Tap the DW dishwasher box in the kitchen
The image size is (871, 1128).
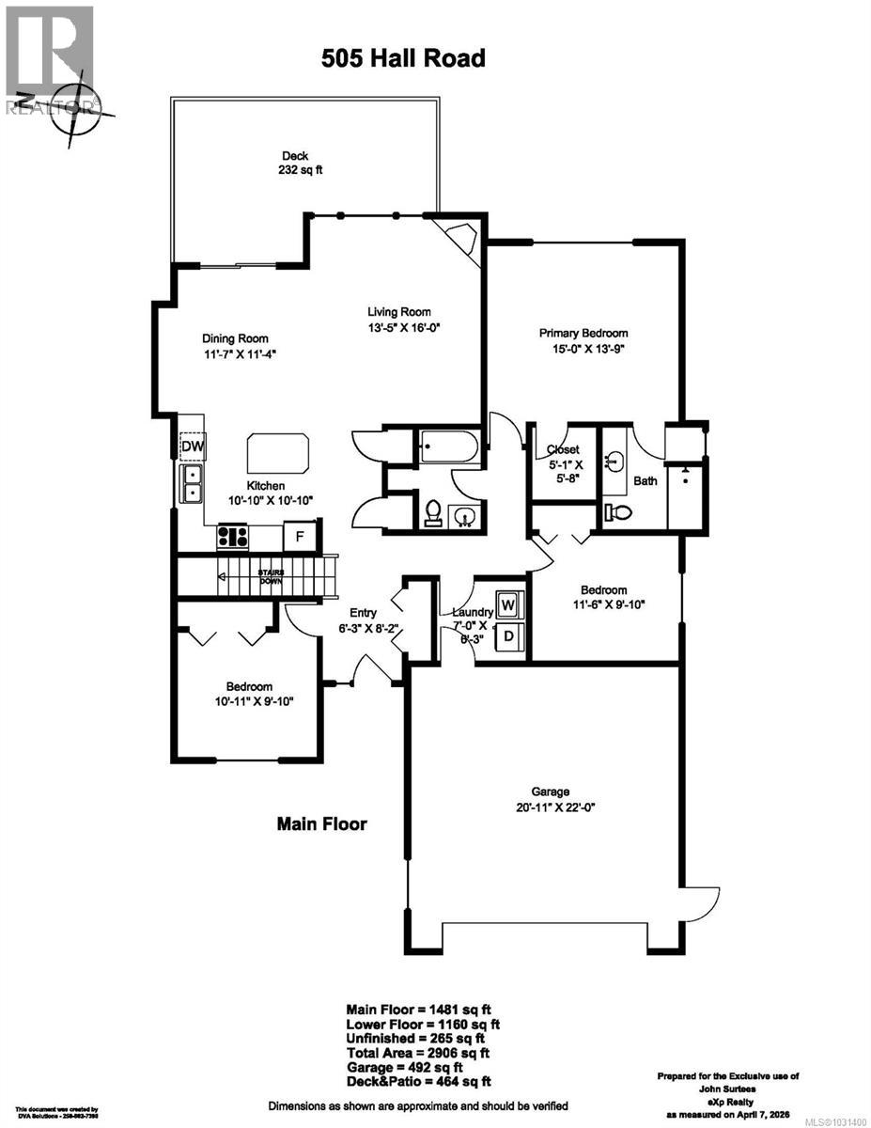click(192, 446)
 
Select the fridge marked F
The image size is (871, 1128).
click(299, 536)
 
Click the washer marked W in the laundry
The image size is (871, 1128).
click(507, 603)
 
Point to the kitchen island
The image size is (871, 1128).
click(278, 454)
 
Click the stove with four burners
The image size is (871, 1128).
click(233, 537)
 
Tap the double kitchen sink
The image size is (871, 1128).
click(192, 483)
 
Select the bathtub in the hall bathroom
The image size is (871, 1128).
click(450, 445)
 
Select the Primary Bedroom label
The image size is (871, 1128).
click(583, 333)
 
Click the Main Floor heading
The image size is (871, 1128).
click(321, 824)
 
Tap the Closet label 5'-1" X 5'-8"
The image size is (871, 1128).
click(563, 462)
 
